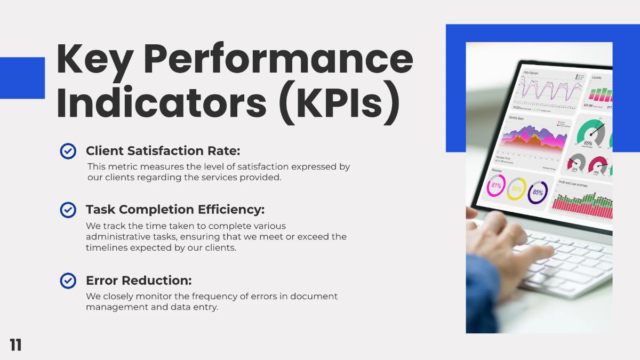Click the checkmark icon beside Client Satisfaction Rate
68,151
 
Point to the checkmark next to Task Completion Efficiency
68,210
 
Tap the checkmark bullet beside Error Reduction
68,281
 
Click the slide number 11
15,345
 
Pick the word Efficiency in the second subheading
231,210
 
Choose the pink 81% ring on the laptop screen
496,186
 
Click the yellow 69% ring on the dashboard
516,189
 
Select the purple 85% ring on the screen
538,192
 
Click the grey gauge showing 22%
575,163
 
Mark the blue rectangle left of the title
22,78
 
